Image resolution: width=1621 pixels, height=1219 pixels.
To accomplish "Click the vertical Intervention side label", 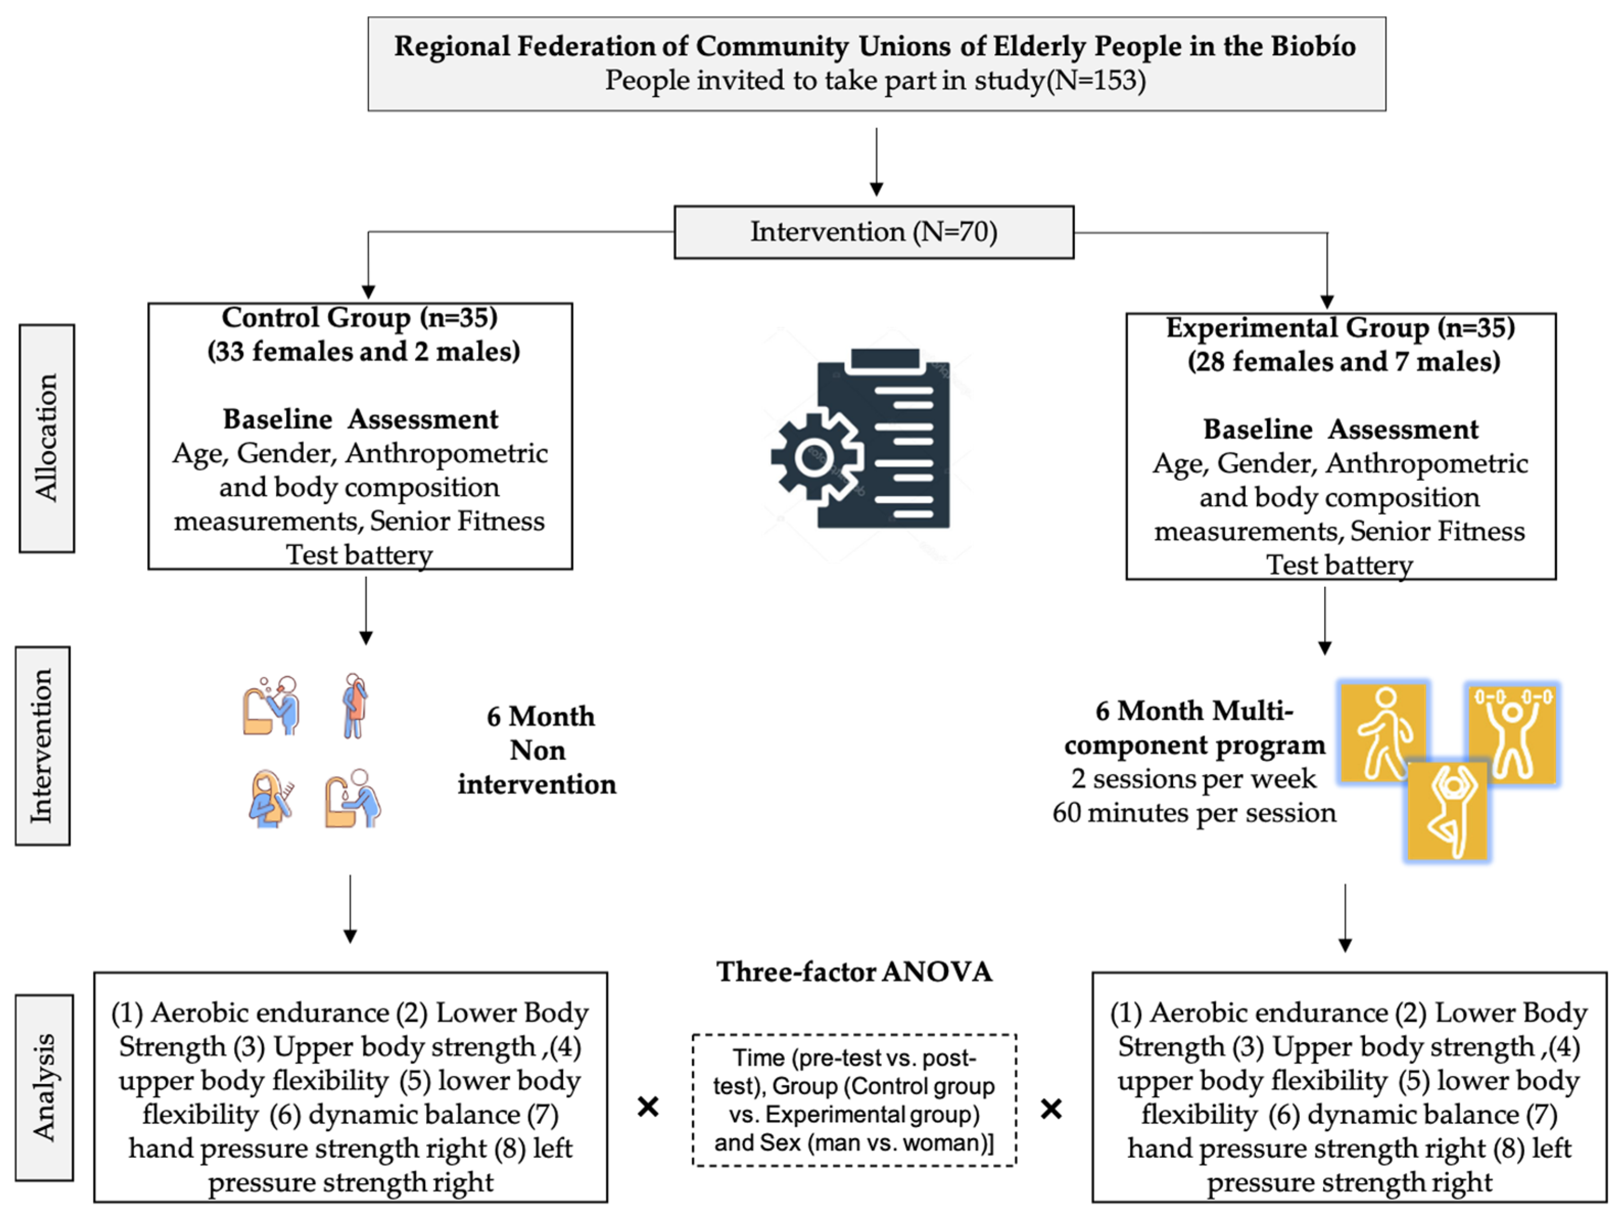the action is tap(42, 745).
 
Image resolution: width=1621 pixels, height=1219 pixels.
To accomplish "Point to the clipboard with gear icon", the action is tap(861, 438).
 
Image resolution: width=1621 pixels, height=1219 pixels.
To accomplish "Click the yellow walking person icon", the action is tap(1383, 732).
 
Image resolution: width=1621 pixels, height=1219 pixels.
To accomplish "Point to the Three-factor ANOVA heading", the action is tap(854, 971).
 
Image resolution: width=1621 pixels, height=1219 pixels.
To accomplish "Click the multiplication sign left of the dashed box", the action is tap(648, 1106).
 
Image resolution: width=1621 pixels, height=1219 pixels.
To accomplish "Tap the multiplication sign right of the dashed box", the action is tap(1052, 1109).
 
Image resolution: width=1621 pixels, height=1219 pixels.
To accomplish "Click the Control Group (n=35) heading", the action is tap(360, 317).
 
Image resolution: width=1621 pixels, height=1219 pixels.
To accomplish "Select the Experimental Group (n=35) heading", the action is tap(1340, 327).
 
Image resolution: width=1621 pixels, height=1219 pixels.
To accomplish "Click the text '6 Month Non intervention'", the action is tap(537, 750).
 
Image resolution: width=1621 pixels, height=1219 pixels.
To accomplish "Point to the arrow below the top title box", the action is tap(876, 162).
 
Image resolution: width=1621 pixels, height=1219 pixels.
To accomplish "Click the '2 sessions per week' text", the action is tap(1194, 779).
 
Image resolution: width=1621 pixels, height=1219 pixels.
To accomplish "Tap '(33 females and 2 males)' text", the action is tap(364, 352).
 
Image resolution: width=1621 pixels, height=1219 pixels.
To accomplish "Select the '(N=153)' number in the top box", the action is tap(1095, 80).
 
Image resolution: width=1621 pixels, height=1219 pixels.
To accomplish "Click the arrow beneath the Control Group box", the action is tap(366, 611).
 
